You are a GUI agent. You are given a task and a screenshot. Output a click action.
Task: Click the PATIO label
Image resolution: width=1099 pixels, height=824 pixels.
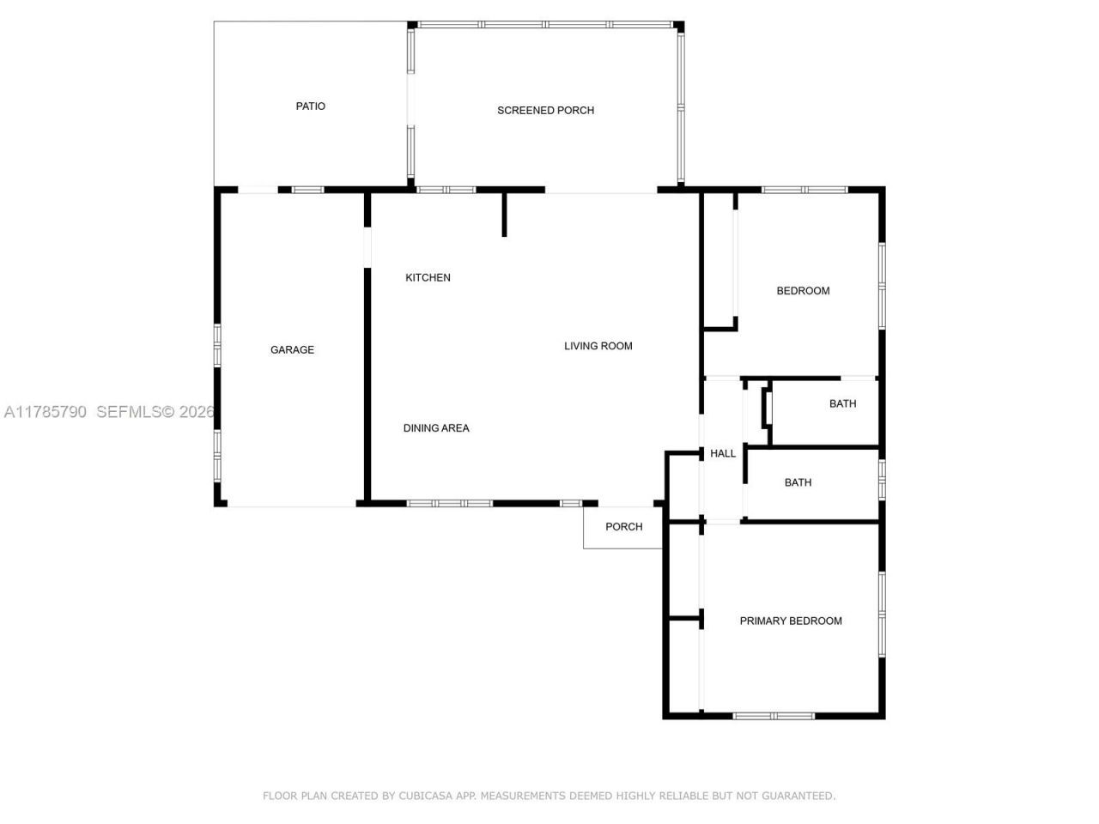tap(310, 106)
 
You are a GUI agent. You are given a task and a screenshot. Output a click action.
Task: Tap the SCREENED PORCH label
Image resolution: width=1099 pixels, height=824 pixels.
tap(545, 111)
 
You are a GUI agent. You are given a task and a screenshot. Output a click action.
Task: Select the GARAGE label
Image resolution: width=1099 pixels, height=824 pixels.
tap(292, 350)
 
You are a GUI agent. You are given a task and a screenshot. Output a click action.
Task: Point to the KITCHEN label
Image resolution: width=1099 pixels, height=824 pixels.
tap(428, 278)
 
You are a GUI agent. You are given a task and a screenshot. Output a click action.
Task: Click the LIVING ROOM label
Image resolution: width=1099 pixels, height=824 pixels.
tap(598, 347)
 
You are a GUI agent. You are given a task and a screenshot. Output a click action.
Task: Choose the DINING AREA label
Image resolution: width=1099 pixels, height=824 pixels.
tap(436, 428)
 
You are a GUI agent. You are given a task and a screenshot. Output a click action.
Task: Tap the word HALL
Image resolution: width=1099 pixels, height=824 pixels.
tap(722, 454)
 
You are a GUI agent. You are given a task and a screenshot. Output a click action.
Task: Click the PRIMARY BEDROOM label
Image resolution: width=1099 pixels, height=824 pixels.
tap(790, 621)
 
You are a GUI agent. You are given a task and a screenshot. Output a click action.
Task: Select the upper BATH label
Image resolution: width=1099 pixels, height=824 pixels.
tap(842, 404)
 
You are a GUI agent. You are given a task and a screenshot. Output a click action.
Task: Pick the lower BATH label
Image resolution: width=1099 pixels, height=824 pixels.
tap(798, 483)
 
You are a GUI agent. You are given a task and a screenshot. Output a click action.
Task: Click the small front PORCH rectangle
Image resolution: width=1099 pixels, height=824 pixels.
tap(623, 527)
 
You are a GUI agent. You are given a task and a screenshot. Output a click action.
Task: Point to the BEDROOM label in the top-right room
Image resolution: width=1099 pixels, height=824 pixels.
tap(803, 291)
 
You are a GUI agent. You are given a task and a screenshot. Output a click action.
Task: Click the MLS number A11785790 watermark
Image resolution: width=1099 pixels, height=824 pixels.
tap(46, 412)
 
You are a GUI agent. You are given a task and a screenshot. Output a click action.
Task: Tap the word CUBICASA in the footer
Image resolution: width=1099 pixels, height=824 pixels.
tap(427, 797)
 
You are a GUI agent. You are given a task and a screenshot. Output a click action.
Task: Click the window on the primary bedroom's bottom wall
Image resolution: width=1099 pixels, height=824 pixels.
tap(774, 715)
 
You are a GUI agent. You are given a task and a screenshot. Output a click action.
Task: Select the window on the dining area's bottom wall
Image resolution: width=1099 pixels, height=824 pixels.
tap(450, 503)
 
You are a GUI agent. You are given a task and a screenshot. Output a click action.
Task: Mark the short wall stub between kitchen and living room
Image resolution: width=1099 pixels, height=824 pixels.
tap(505, 215)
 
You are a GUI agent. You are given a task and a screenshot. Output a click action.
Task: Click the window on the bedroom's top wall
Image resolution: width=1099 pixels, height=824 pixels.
tap(804, 190)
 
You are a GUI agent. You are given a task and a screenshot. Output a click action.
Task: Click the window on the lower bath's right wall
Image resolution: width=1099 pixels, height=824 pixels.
tap(882, 481)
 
